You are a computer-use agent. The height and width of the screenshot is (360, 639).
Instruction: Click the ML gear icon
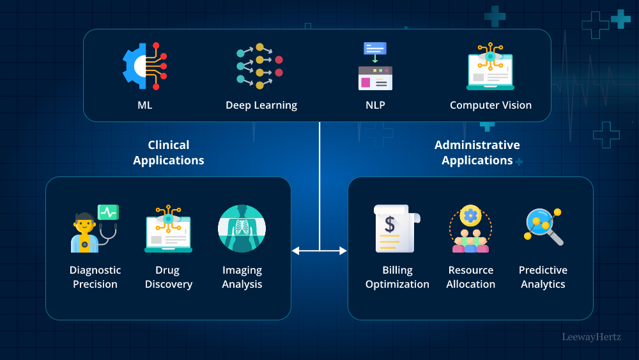click(144, 66)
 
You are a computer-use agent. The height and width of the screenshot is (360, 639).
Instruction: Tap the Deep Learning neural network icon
click(259, 66)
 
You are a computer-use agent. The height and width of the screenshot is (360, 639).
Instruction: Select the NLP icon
click(375, 66)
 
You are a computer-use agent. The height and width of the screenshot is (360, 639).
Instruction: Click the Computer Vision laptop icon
click(490, 67)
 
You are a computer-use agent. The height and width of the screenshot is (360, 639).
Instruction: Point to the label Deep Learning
click(261, 106)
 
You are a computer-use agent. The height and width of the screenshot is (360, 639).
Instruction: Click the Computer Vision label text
click(491, 106)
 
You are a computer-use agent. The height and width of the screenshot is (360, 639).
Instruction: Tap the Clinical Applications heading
click(169, 153)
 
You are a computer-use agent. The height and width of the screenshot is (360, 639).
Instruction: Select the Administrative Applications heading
click(477, 153)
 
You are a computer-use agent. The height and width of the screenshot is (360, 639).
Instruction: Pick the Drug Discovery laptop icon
click(168, 229)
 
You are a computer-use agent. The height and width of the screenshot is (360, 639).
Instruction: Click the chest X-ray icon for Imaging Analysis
click(242, 229)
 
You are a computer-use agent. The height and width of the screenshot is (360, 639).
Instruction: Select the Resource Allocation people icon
click(470, 229)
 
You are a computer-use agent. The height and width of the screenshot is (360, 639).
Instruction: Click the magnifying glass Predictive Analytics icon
click(543, 228)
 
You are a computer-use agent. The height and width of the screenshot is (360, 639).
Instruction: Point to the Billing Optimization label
click(397, 277)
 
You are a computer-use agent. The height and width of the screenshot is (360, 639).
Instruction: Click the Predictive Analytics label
click(543, 277)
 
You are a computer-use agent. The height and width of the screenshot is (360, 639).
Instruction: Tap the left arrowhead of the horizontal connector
click(295, 251)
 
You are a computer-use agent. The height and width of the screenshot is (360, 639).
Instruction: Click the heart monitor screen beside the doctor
click(108, 212)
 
